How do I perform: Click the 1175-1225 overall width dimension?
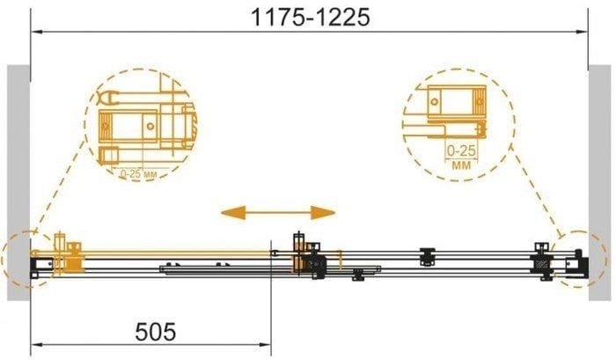click(x=310, y=18)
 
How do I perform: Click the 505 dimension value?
click(x=156, y=332)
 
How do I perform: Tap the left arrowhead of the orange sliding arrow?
click(x=233, y=213)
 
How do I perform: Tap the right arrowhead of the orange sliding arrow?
click(x=323, y=213)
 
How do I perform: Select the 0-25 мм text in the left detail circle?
click(x=139, y=174)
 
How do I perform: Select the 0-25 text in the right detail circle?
click(x=461, y=151)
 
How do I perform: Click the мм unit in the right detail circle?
click(x=461, y=165)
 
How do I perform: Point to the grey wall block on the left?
click(x=18, y=183)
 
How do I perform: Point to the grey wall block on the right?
click(x=599, y=183)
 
